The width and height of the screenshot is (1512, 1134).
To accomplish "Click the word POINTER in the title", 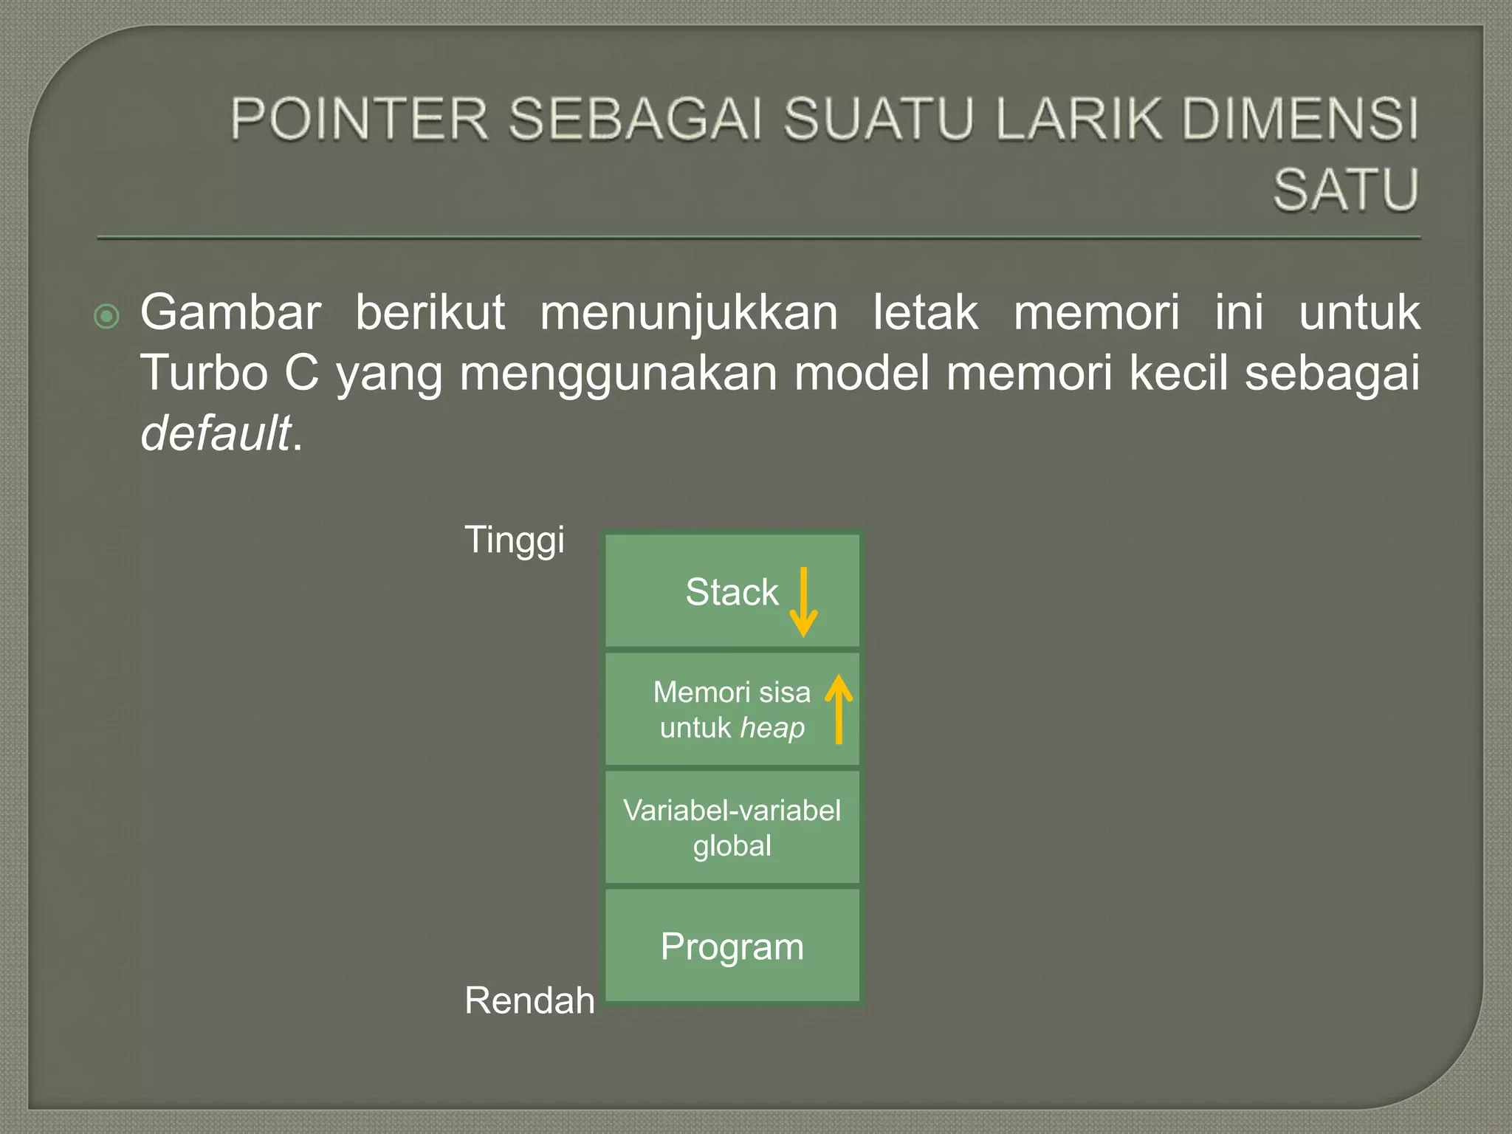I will pyautogui.click(x=359, y=119).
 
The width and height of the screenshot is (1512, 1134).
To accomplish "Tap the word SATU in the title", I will pyautogui.click(x=1345, y=190).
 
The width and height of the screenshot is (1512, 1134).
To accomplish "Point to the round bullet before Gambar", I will pyautogui.click(x=107, y=317).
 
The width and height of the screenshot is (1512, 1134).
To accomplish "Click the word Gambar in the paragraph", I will pyautogui.click(x=230, y=313).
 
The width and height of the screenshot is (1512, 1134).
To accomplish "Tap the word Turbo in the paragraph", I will pyautogui.click(x=204, y=373).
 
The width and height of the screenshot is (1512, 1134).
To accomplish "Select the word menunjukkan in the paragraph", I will pyautogui.click(x=688, y=313).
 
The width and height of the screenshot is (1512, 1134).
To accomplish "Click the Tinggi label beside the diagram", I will pyautogui.click(x=515, y=540).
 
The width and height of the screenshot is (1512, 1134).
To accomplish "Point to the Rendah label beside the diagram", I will pyautogui.click(x=529, y=1001).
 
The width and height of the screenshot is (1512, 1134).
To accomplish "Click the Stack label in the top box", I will pyautogui.click(x=732, y=592).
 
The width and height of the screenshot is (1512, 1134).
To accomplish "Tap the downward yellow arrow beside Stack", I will pyautogui.click(x=803, y=602).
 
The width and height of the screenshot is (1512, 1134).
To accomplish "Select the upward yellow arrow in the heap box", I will pyautogui.click(x=839, y=709).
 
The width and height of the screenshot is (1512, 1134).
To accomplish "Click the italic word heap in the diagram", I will pyautogui.click(x=772, y=728).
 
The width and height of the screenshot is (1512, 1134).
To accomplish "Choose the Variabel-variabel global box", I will pyautogui.click(x=732, y=828).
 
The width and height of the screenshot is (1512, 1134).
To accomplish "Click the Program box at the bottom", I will pyautogui.click(x=732, y=946).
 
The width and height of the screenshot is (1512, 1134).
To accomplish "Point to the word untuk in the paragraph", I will pyautogui.click(x=1358, y=313).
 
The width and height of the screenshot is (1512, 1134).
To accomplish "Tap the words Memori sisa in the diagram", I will pyautogui.click(x=732, y=693).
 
